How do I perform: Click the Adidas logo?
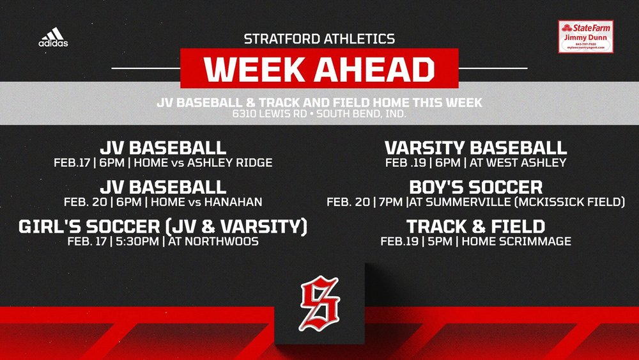point(53,37)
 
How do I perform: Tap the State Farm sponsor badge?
point(585,36)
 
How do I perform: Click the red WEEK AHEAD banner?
point(319,70)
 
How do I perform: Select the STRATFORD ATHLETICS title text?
point(319,39)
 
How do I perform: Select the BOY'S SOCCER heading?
point(475,187)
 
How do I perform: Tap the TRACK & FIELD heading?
point(475,226)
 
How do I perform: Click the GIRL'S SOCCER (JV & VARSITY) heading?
point(163,226)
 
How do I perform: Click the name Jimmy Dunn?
point(585,37)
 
